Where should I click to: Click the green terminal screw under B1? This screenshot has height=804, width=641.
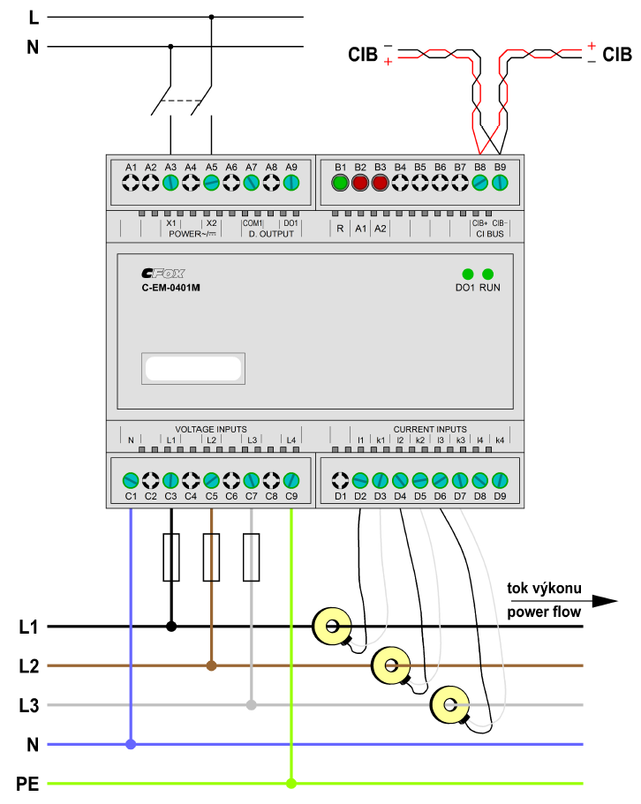pos(340,183)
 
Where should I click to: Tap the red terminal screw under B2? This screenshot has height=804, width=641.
pos(360,183)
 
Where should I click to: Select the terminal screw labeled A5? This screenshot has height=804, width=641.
pos(211,183)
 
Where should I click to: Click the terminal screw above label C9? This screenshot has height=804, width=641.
pos(291,480)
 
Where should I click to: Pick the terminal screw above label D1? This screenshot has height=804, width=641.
pos(340,480)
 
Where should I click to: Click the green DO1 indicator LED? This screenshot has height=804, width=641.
pos(468,274)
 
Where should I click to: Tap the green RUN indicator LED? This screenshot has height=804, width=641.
pos(488,274)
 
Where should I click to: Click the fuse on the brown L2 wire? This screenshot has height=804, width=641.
pos(211,558)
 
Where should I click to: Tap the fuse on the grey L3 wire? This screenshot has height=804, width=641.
pos(251,558)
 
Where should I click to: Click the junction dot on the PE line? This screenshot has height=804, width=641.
pos(291,783)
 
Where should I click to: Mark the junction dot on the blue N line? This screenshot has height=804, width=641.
pos(131,744)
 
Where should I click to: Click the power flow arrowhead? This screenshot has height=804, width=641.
pos(604,601)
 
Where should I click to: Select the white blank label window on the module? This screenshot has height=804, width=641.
pos(193,368)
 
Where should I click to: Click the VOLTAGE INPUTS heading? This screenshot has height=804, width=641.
pos(211,429)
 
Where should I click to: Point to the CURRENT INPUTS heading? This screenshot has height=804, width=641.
pos(430,429)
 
